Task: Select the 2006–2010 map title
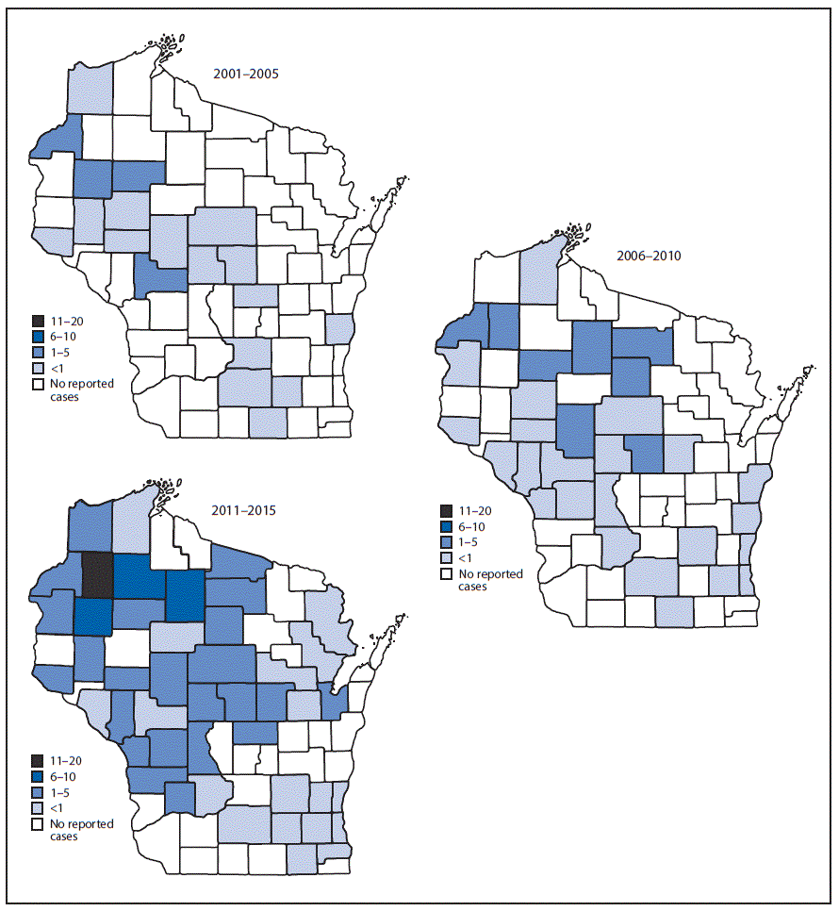650,255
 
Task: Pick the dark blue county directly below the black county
92,616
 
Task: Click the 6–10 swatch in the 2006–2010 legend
446,527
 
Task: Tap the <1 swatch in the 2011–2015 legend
39,808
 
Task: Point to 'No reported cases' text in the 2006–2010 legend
490,580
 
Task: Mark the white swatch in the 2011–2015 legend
39,824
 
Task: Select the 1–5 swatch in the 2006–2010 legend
446,543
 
